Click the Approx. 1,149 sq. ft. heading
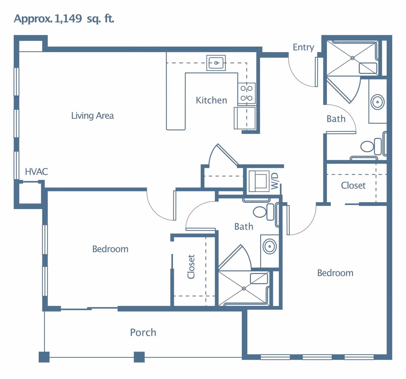[64, 19]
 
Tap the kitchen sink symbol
[216, 63]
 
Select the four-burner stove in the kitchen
[247, 93]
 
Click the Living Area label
[92, 116]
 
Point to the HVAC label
[36, 172]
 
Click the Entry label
[303, 47]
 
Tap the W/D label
[275, 181]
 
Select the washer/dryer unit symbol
[259, 181]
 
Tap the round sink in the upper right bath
[377, 102]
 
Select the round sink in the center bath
[269, 246]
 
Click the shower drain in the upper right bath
[352, 58]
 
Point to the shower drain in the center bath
[244, 288]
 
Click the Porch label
[143, 332]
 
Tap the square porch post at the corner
[44, 357]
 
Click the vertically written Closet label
[191, 267]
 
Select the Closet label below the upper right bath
[353, 185]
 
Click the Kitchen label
[211, 100]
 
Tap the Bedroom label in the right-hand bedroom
[335, 273]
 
